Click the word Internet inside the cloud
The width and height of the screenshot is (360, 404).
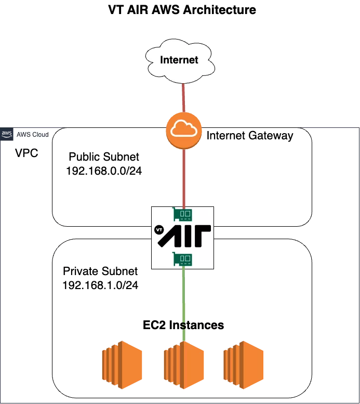pyautogui.click(x=179, y=60)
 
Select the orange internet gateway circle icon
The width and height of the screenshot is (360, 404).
pyautogui.click(x=183, y=130)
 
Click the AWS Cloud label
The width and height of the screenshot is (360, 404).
pyautogui.click(x=33, y=135)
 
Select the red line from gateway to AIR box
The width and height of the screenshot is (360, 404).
pyautogui.click(x=183, y=177)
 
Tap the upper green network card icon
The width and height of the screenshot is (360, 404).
pyautogui.click(x=183, y=214)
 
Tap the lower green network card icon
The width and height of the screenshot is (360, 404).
pyautogui.click(x=183, y=258)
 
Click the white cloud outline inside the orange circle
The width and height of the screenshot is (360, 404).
pyautogui.click(x=183, y=129)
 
